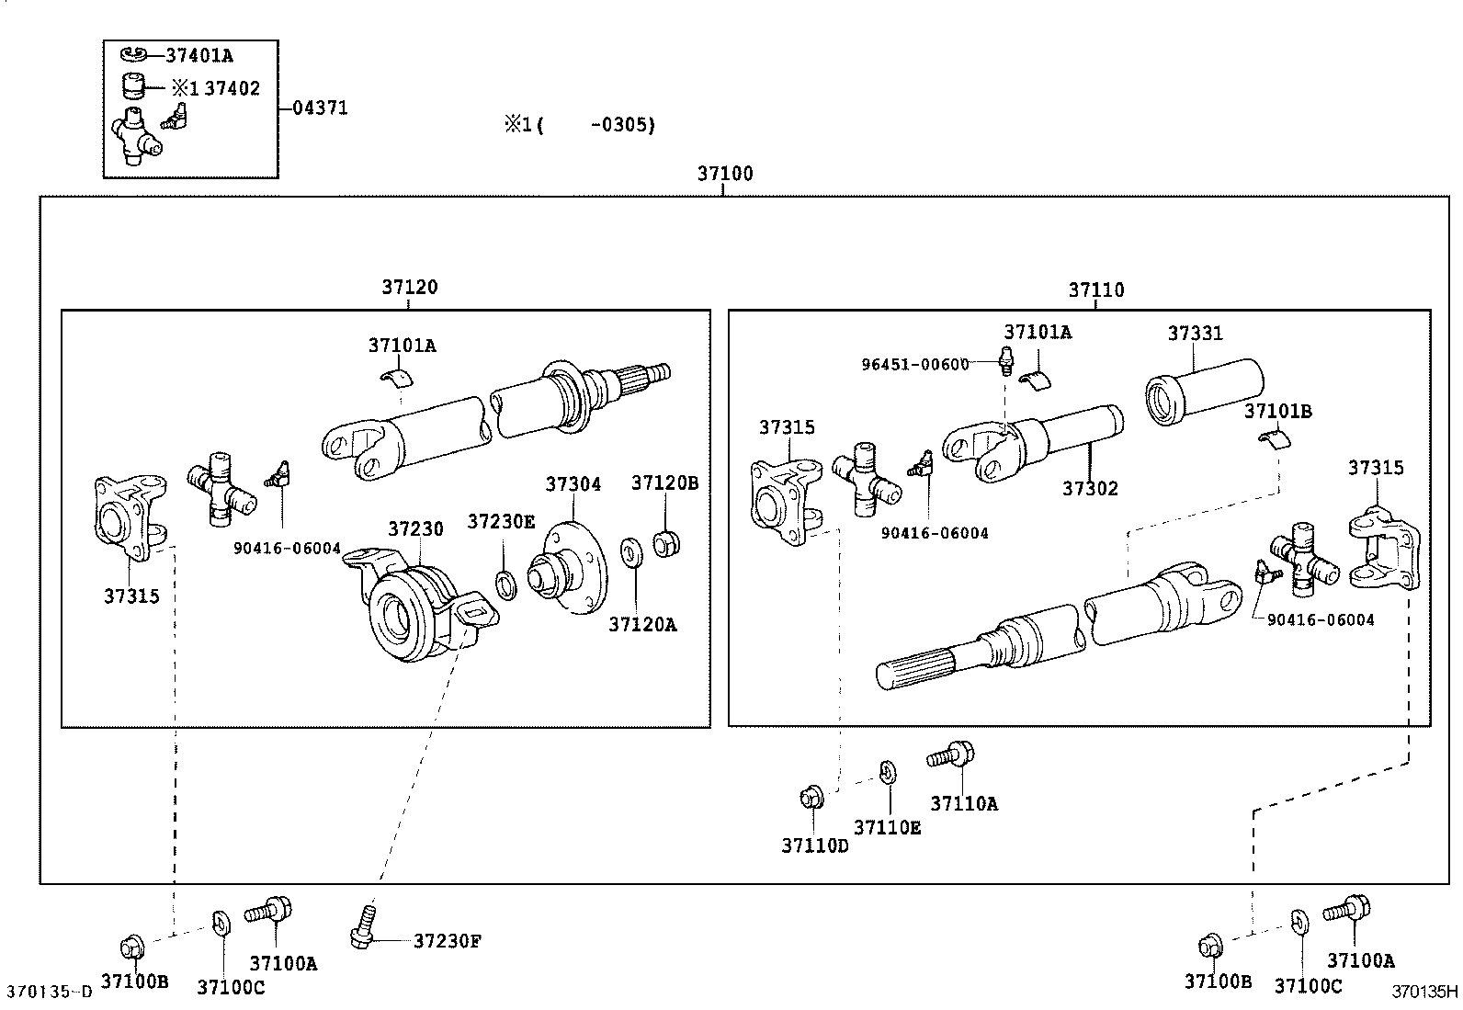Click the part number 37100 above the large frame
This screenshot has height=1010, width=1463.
(724, 174)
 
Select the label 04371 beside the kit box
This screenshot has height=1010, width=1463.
(320, 108)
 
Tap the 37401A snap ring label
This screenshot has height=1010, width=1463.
(199, 55)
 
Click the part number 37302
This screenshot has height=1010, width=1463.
(1090, 489)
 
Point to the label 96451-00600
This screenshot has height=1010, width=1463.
(914, 364)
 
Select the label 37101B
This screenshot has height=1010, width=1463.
(1277, 412)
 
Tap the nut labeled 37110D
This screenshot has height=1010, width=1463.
(811, 797)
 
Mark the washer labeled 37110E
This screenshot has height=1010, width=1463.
(888, 774)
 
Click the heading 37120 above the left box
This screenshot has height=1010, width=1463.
(410, 287)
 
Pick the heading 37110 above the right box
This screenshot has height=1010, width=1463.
(1095, 290)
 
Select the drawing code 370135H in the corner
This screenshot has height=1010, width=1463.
(1423, 992)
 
